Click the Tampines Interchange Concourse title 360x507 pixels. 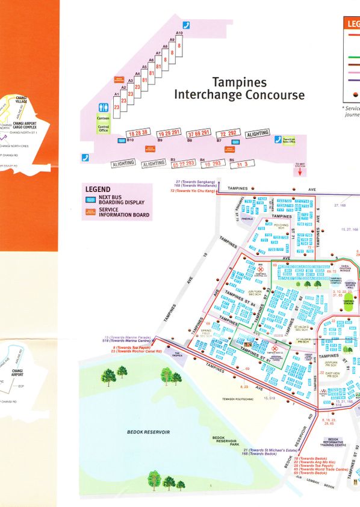click(x=239, y=88)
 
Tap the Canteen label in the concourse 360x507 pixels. click(x=104, y=118)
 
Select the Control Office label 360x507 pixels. click(x=104, y=128)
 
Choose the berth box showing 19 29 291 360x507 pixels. click(x=168, y=132)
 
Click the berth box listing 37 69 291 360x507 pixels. click(x=199, y=132)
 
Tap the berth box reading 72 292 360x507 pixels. click(x=229, y=133)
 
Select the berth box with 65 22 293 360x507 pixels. click(x=182, y=163)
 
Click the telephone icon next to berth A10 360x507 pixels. click(x=186, y=25)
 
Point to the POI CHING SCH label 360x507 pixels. click(x=281, y=226)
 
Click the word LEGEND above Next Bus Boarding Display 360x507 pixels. click(x=98, y=189)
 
